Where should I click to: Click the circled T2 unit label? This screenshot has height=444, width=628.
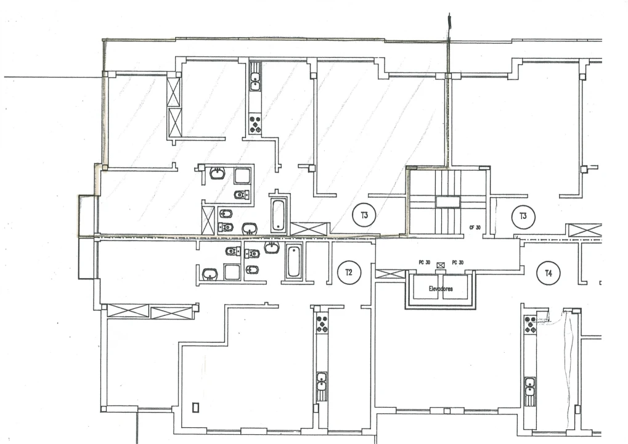(349, 272)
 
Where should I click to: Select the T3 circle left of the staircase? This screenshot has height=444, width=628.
(364, 215)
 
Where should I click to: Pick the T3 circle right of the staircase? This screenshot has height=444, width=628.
(523, 216)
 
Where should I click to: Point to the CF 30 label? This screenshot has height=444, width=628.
(475, 227)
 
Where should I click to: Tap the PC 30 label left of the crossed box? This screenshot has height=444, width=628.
(423, 262)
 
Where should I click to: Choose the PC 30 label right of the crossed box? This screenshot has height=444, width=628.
(457, 262)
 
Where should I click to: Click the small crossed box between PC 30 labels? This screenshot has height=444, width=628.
(440, 265)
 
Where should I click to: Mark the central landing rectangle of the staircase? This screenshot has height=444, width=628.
(447, 202)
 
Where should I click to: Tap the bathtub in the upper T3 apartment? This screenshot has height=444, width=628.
(278, 214)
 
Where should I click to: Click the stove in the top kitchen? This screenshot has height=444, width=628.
(255, 125)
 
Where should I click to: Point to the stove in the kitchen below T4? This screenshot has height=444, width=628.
(530, 324)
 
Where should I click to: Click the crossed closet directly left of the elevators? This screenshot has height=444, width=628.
(388, 273)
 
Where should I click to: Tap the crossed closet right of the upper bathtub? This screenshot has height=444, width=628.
(309, 228)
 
